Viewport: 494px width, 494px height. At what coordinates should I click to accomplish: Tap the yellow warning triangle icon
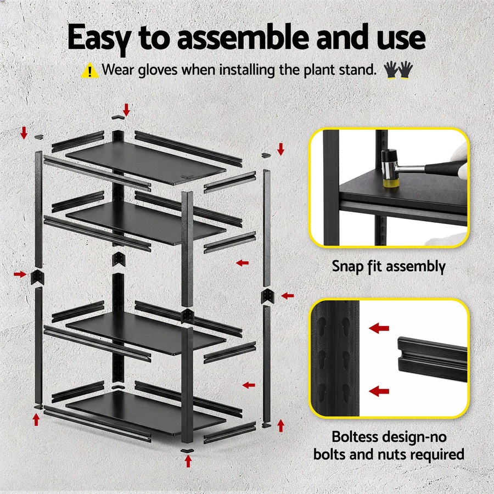(x=89, y=70)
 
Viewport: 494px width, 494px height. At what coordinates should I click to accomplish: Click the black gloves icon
(x=398, y=70)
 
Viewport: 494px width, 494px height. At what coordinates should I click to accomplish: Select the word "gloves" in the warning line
(x=155, y=70)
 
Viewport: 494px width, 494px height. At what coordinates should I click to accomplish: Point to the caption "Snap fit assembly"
(x=388, y=267)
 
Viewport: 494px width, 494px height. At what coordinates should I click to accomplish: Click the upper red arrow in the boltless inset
(x=379, y=328)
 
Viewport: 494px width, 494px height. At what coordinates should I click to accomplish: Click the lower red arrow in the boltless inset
(x=379, y=391)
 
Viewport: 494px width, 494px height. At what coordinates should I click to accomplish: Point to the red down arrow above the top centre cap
(x=127, y=109)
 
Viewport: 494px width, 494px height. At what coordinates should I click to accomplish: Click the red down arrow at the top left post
(x=24, y=132)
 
